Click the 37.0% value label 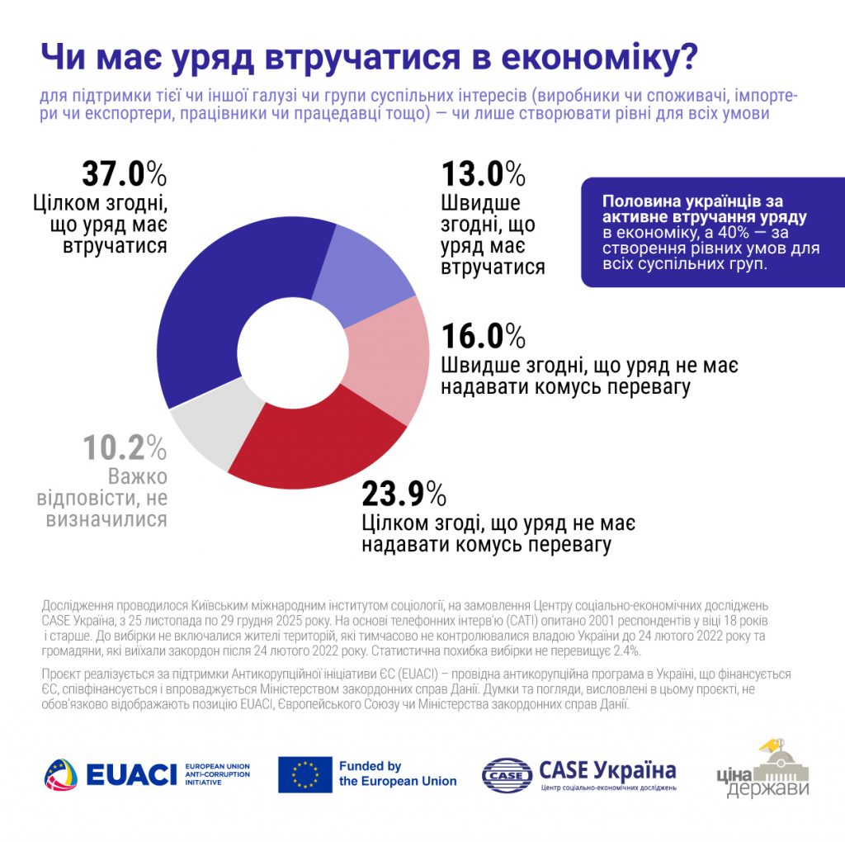(125, 175)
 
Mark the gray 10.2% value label (125, 448)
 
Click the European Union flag (304, 774)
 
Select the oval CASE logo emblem (507, 774)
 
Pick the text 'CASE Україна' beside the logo (607, 771)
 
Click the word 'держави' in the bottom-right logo (767, 789)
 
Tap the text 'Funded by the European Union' (397, 774)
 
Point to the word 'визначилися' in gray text (115, 519)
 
